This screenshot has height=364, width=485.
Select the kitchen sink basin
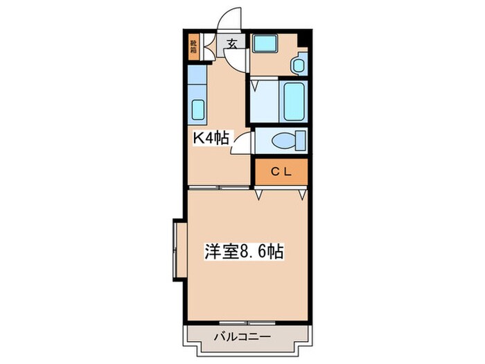click(x=197, y=110)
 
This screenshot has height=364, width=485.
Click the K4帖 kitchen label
click(x=211, y=137)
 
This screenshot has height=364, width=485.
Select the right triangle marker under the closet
click(x=302, y=196)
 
